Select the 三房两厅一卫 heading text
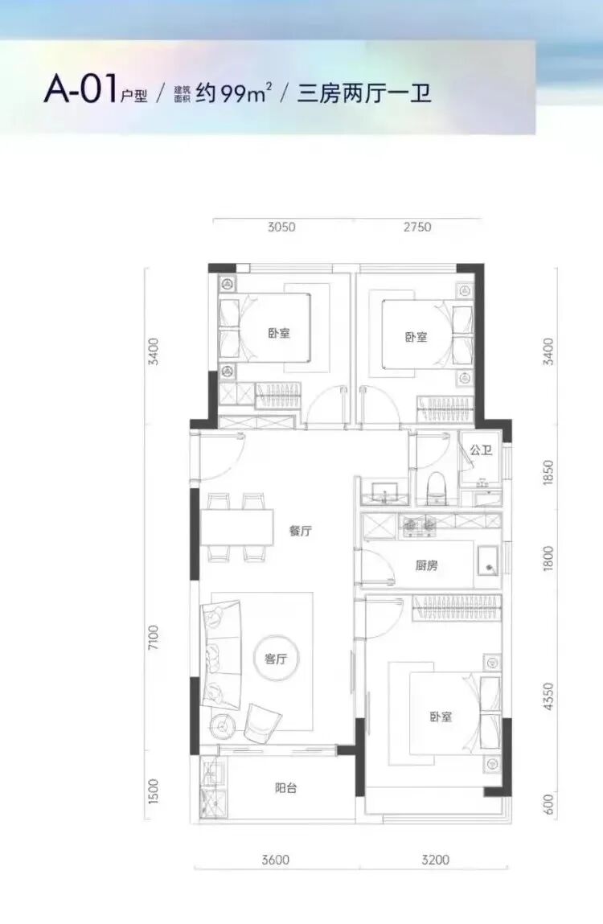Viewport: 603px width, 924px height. tap(364, 93)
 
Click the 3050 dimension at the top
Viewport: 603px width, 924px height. tap(281, 227)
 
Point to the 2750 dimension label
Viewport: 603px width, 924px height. tap(417, 227)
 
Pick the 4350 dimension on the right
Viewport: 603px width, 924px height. tap(548, 696)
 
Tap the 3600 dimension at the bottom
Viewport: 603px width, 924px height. tap(275, 860)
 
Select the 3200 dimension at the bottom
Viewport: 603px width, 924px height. tap(435, 860)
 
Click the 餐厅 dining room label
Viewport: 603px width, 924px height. tap(300, 531)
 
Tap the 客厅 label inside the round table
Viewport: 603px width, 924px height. tap(275, 659)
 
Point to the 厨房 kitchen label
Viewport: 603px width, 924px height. tap(426, 565)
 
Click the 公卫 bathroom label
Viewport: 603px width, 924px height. tap(481, 450)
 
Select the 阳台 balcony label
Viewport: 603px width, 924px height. tap(286, 788)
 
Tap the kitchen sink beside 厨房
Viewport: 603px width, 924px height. tap(487, 561)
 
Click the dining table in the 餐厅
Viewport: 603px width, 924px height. tap(237, 528)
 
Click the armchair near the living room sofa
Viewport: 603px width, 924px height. tap(262, 722)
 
